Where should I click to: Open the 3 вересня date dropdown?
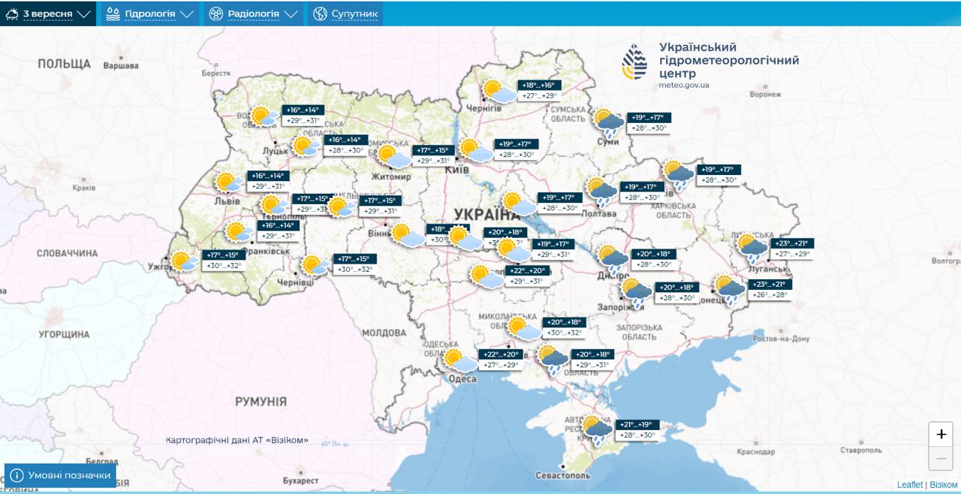pyautogui.click(x=48, y=14)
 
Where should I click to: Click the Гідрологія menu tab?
pyautogui.click(x=149, y=14)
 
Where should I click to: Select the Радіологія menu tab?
pyautogui.click(x=253, y=14)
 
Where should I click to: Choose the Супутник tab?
pyautogui.click(x=345, y=14)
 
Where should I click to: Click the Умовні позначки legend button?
pyautogui.click(x=61, y=475)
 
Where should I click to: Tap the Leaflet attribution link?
pyautogui.click(x=909, y=485)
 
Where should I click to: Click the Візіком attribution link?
pyautogui.click(x=944, y=485)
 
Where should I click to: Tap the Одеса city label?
pyautogui.click(x=462, y=379)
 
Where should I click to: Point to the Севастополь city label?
pyautogui.click(x=563, y=475)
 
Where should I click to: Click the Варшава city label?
pyautogui.click(x=121, y=65)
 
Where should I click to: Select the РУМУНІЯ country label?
pyautogui.click(x=261, y=402)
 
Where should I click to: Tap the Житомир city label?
pyautogui.click(x=390, y=177)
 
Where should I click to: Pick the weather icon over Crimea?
pyautogui.click(x=598, y=430)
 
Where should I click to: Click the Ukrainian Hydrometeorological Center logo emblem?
pyautogui.click(x=634, y=62)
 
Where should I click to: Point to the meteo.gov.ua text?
pyautogui.click(x=684, y=86)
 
